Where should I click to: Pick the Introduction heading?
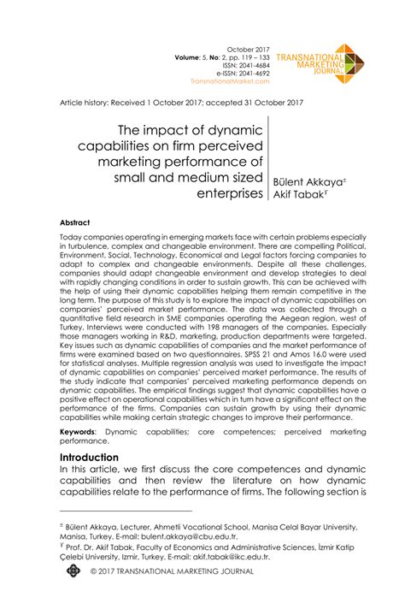coord(95,458)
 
